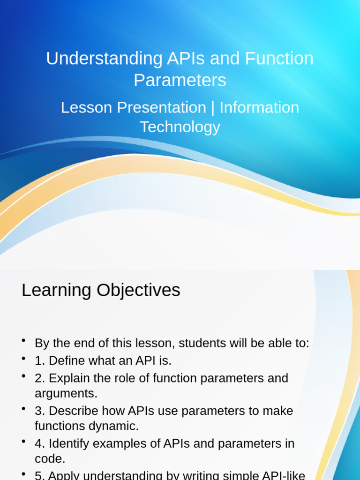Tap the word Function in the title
(x=279, y=59)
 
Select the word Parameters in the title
(x=180, y=80)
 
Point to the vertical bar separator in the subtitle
(x=213, y=107)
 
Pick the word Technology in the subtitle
(x=180, y=127)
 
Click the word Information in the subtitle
(x=259, y=107)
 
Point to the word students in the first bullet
(x=202, y=343)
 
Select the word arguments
(x=66, y=393)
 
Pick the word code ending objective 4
(x=48, y=458)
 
